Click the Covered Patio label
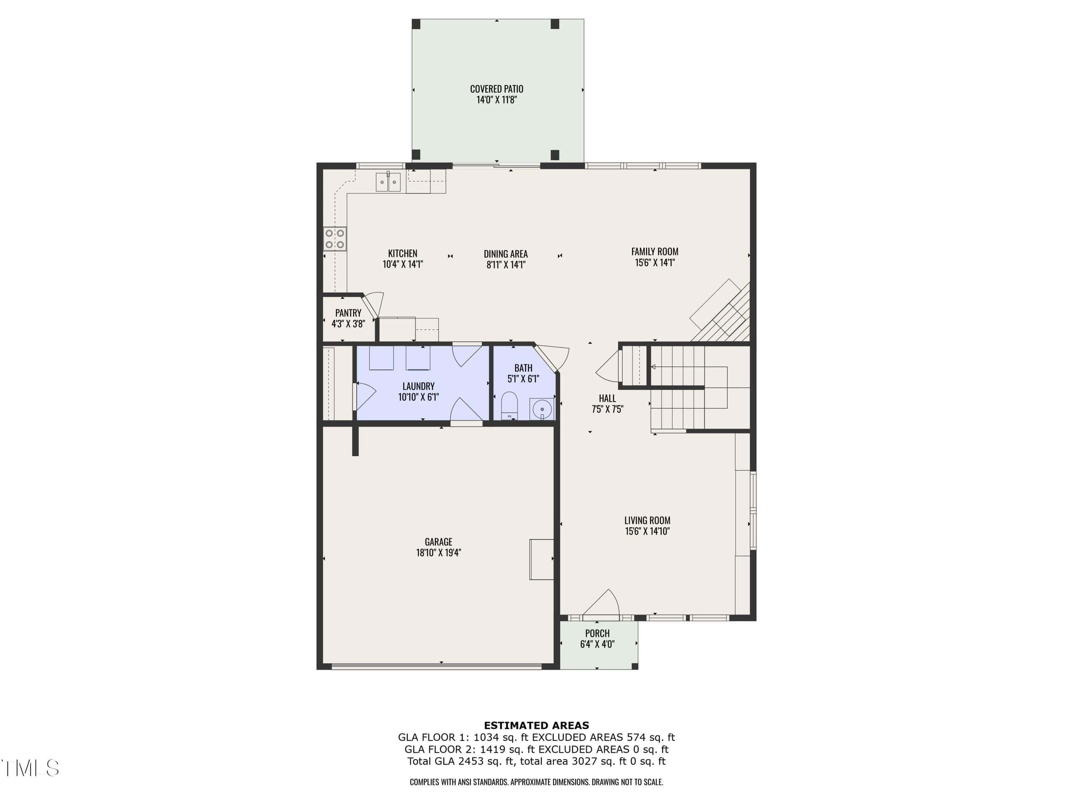pos(497,89)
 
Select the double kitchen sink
pos(388,182)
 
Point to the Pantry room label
pos(348,313)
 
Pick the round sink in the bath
pos(542,409)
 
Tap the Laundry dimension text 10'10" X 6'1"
pos(419,397)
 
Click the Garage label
pos(438,542)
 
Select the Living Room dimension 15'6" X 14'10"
pos(648,531)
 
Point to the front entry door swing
pos(601,605)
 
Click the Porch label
pos(597,633)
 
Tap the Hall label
pos(607,398)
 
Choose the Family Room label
pos(655,251)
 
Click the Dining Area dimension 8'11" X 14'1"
pos(506,265)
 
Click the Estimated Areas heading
pos(536,725)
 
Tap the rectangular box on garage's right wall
pos(542,559)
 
